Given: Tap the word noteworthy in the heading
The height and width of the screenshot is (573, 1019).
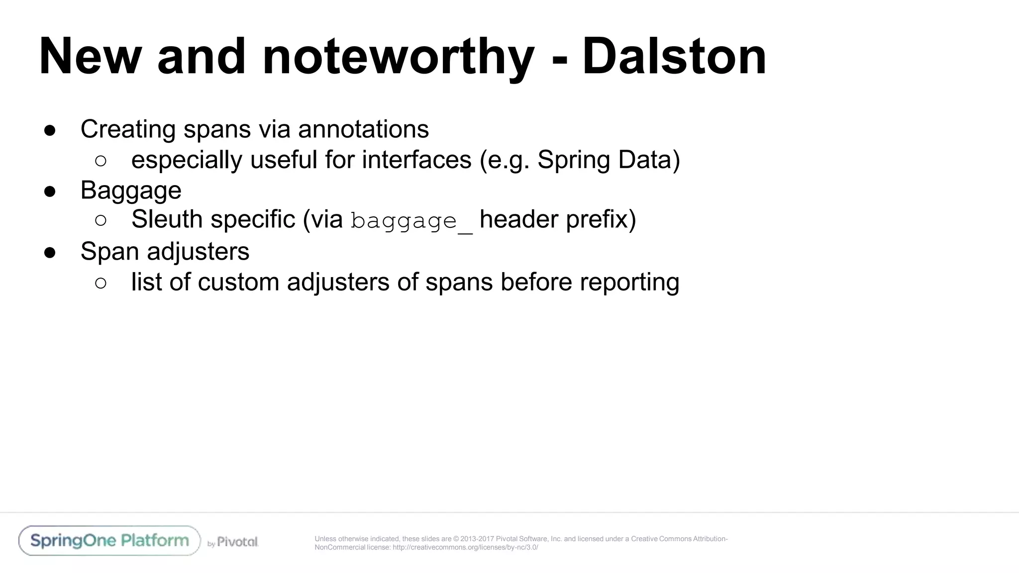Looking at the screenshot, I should (398, 57).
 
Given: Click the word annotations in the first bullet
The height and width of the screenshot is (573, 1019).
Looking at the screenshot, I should (363, 129).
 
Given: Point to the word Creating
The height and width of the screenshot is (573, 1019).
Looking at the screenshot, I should (128, 129).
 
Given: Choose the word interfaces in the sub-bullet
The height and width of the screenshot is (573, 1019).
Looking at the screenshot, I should (416, 160).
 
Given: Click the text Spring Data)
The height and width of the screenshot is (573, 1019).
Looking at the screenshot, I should (609, 160).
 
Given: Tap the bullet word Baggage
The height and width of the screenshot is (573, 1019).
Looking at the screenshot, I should (131, 191).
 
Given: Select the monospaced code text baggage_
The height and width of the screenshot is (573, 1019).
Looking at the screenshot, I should (411, 220).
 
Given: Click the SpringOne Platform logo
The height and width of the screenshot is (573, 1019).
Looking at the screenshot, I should (109, 541).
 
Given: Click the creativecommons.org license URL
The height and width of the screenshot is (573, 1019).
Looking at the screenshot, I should (465, 548).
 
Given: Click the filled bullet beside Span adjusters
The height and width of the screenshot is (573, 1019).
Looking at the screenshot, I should (50, 253).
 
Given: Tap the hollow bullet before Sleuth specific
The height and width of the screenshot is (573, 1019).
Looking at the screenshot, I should (101, 220).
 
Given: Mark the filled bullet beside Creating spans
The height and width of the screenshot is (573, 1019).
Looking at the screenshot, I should (50, 131).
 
